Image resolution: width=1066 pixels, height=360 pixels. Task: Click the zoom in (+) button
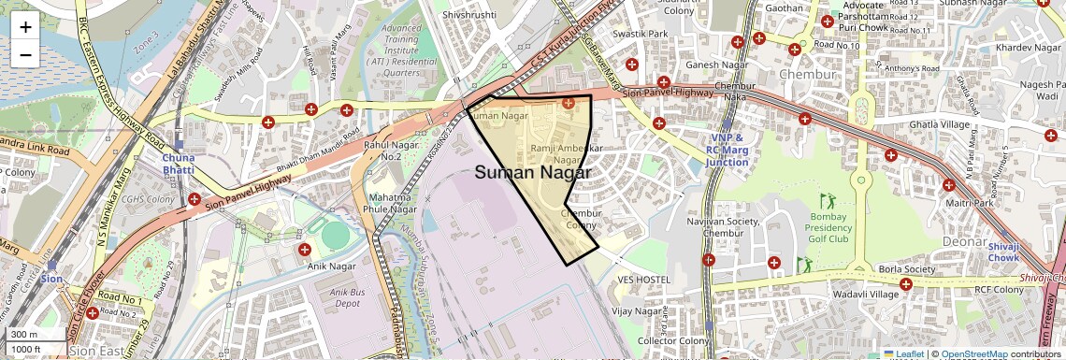click(25, 26)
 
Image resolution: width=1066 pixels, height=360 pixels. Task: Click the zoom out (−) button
click(25, 54)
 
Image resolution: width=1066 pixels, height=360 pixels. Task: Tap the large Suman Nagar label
click(532, 173)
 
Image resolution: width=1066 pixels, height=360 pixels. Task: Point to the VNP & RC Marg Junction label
click(727, 150)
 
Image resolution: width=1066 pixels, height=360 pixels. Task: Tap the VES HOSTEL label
click(644, 280)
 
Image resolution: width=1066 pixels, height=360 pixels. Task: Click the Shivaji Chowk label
click(1003, 252)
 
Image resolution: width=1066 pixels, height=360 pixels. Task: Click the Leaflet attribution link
click(902, 354)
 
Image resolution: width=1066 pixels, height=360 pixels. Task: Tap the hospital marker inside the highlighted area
click(568, 103)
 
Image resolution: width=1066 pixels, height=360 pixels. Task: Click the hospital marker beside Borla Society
click(905, 284)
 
